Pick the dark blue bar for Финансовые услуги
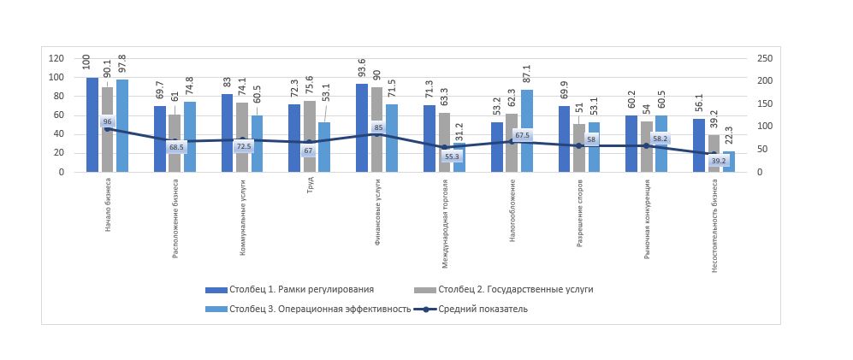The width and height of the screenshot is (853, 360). click(362, 127)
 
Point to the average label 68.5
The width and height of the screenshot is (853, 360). click(176, 147)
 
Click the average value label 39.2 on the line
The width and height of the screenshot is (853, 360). click(718, 160)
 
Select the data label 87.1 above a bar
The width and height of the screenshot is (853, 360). click(527, 74)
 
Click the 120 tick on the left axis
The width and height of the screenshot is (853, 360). click(56, 58)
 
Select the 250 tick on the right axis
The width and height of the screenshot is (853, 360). click(766, 58)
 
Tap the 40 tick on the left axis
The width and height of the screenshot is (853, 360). click(59, 134)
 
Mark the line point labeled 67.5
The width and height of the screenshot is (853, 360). click(512, 141)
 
